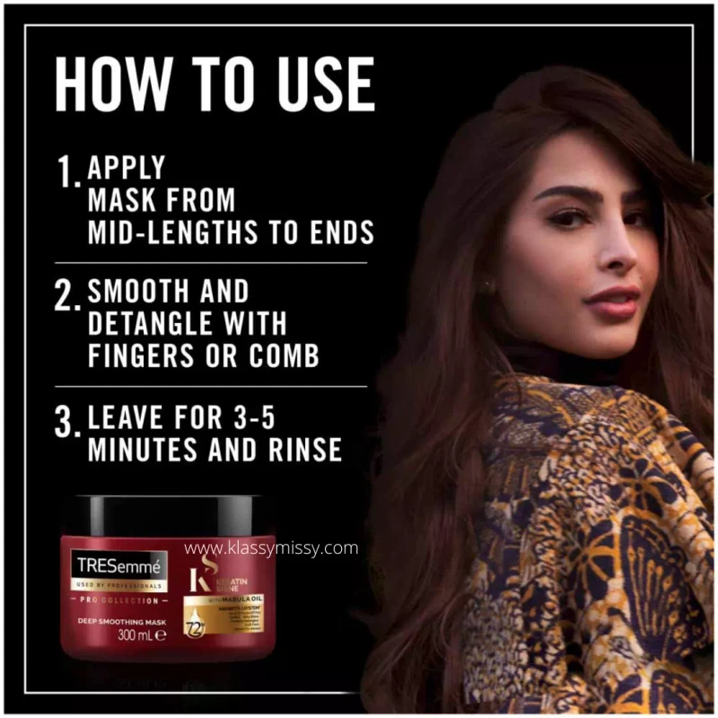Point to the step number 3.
(66, 422)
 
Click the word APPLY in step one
(127, 168)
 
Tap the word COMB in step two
(285, 356)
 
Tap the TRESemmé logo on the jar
(119, 566)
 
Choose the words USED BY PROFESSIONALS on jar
(119, 585)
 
